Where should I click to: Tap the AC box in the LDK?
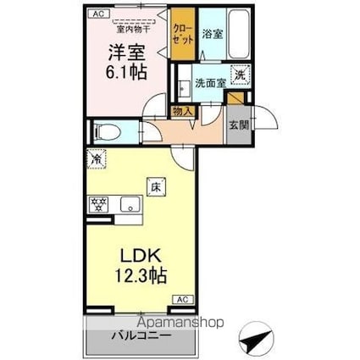(x=181, y=300)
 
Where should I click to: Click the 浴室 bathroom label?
(x=212, y=36)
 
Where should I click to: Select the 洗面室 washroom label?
(x=208, y=83)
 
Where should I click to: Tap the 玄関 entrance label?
(x=238, y=125)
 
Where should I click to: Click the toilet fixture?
(x=107, y=132)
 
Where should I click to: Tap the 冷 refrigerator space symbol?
(x=96, y=158)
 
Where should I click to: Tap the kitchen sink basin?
(x=130, y=204)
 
